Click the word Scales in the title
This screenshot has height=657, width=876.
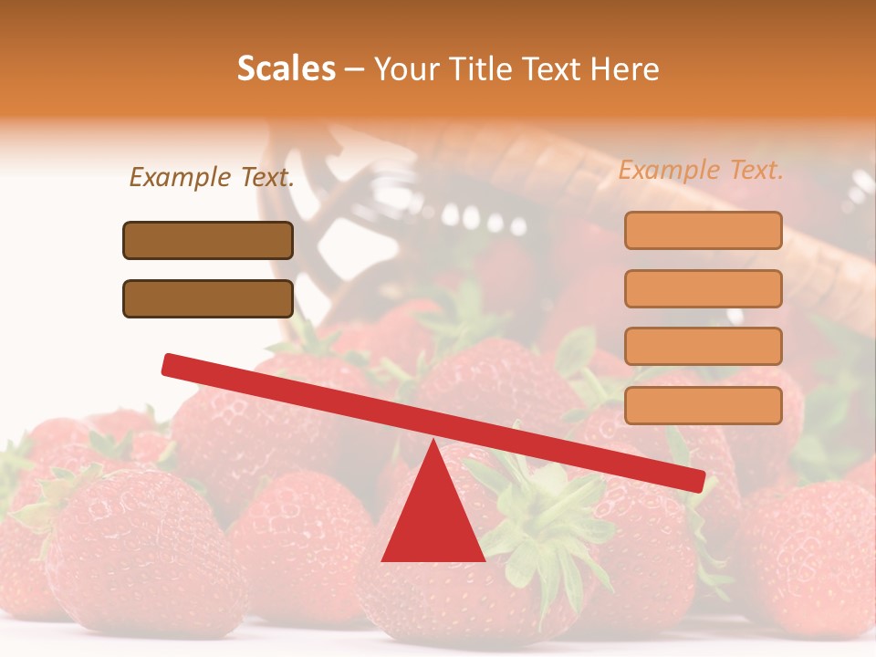[x=286, y=69]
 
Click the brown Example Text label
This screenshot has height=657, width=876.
[x=212, y=177]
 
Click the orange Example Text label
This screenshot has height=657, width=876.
[x=701, y=170]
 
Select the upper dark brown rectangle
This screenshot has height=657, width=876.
[x=208, y=240]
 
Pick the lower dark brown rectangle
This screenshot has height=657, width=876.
[x=208, y=298]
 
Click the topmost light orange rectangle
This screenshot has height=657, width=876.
[x=703, y=230]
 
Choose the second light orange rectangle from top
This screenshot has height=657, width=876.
[x=703, y=288]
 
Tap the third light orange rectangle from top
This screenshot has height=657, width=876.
[x=703, y=347]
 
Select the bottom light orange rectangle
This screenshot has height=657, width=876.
[x=703, y=405]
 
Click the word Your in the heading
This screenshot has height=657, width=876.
[x=403, y=69]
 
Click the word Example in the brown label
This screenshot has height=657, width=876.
[x=181, y=177]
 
